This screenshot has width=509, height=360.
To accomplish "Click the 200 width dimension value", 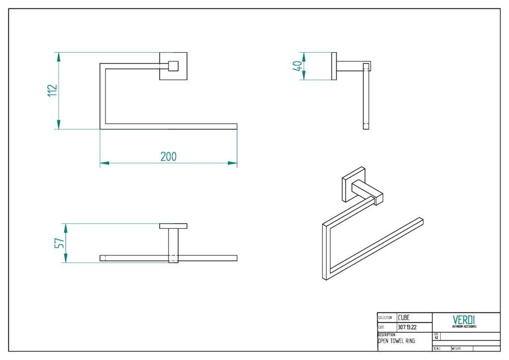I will coord(169,156).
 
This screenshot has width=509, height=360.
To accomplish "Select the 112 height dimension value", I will coord(53,91).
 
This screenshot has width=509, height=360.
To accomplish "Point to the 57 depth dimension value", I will coord(59,243).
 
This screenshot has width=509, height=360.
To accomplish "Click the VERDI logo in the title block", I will coord(464,319).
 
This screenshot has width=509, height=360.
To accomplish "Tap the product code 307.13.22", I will coord(407,327).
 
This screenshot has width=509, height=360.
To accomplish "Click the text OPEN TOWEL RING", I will coord(396,341).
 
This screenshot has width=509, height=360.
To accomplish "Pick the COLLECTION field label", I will coord(385,318).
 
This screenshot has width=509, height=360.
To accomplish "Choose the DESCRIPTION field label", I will coord(386,335).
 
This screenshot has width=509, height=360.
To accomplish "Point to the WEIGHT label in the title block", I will coord(457,349).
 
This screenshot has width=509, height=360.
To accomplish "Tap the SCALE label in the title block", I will coord(437,349).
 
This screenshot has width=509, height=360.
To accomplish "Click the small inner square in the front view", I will coord(173,66).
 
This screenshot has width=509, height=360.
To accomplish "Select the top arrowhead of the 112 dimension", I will coord(59,56).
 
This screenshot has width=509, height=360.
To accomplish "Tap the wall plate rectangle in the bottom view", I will coord(173,226).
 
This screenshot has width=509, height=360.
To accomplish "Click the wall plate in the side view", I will coord(334,66).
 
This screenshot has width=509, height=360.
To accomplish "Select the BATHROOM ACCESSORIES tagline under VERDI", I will coord(464,327).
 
